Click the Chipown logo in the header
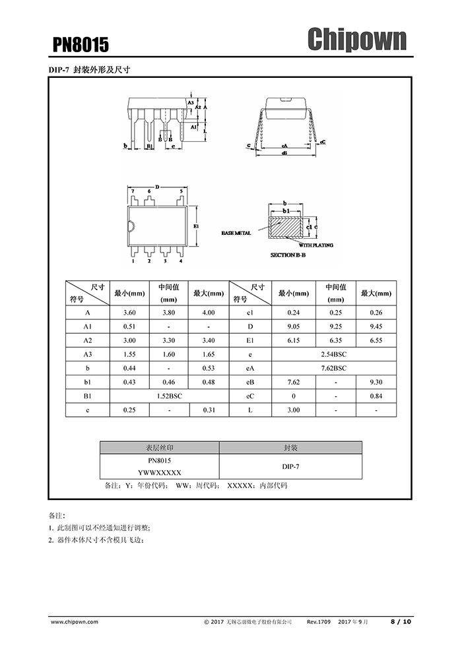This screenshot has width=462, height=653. [357, 40]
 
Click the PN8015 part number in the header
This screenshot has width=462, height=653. [81, 45]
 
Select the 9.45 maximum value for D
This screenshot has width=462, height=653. [376, 326]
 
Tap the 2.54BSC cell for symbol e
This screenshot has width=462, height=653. [334, 354]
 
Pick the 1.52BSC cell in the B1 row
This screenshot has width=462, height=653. [169, 396]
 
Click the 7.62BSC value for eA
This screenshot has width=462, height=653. [334, 368]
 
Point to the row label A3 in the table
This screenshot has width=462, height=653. [88, 354]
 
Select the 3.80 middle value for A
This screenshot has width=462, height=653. [169, 313]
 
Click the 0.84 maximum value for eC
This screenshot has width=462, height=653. [376, 396]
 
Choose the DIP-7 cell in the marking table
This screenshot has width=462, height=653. [290, 466]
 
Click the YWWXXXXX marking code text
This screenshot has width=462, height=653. [159, 473]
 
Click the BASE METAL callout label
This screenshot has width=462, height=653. [236, 233]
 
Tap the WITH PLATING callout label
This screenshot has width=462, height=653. [316, 245]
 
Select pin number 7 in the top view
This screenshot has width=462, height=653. [133, 191]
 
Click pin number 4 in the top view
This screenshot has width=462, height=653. [181, 261]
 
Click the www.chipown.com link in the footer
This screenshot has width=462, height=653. [74, 621]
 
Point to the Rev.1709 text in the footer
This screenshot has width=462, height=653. [319, 621]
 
